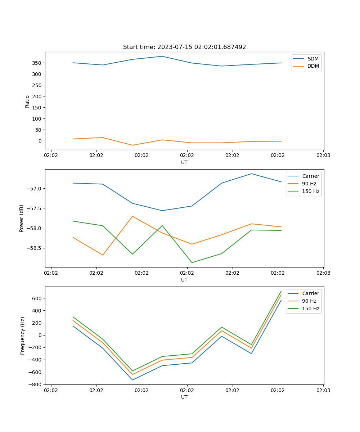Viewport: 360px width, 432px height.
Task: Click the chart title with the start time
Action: (x=184, y=47)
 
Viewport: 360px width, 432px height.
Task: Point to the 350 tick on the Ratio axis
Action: (x=37, y=63)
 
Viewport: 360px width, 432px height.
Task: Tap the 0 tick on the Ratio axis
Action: (x=40, y=141)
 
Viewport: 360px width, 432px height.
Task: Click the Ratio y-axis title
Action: (x=27, y=101)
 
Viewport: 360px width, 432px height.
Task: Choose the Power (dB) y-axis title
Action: (x=22, y=218)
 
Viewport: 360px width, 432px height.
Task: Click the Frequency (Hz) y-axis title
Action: (x=22, y=336)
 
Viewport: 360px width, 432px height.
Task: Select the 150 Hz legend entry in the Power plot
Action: (x=311, y=191)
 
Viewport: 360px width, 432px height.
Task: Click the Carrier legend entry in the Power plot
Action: (x=311, y=176)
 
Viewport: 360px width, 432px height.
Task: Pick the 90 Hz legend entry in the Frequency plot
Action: (x=309, y=301)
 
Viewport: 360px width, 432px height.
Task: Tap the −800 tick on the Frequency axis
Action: (x=36, y=384)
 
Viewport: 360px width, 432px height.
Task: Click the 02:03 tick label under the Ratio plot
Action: (x=323, y=156)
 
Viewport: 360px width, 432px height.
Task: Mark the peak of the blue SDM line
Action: (x=162, y=56)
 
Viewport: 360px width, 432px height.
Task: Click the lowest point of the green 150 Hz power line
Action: (x=192, y=262)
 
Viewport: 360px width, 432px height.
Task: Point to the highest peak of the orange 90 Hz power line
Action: (x=132, y=216)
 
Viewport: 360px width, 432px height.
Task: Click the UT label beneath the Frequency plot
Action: (x=184, y=397)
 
